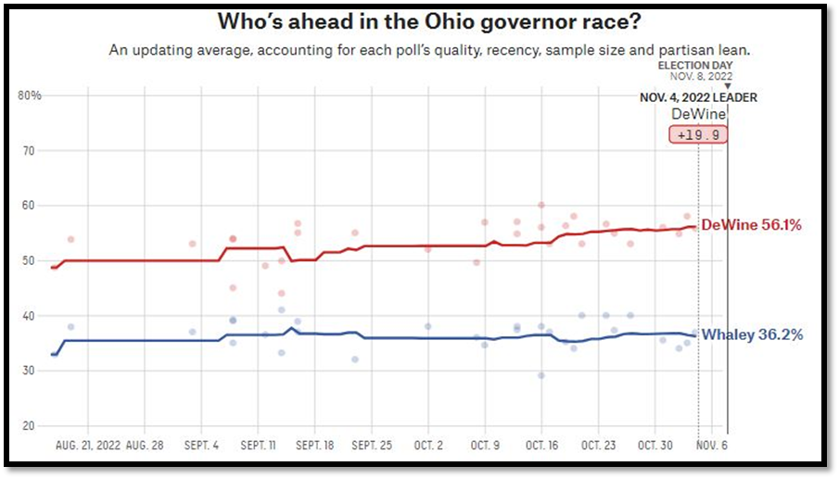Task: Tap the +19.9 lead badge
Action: click(698, 134)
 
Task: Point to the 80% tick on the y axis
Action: click(30, 95)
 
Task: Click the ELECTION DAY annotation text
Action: click(694, 66)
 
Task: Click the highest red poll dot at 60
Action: click(541, 205)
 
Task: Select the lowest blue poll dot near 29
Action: click(541, 375)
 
